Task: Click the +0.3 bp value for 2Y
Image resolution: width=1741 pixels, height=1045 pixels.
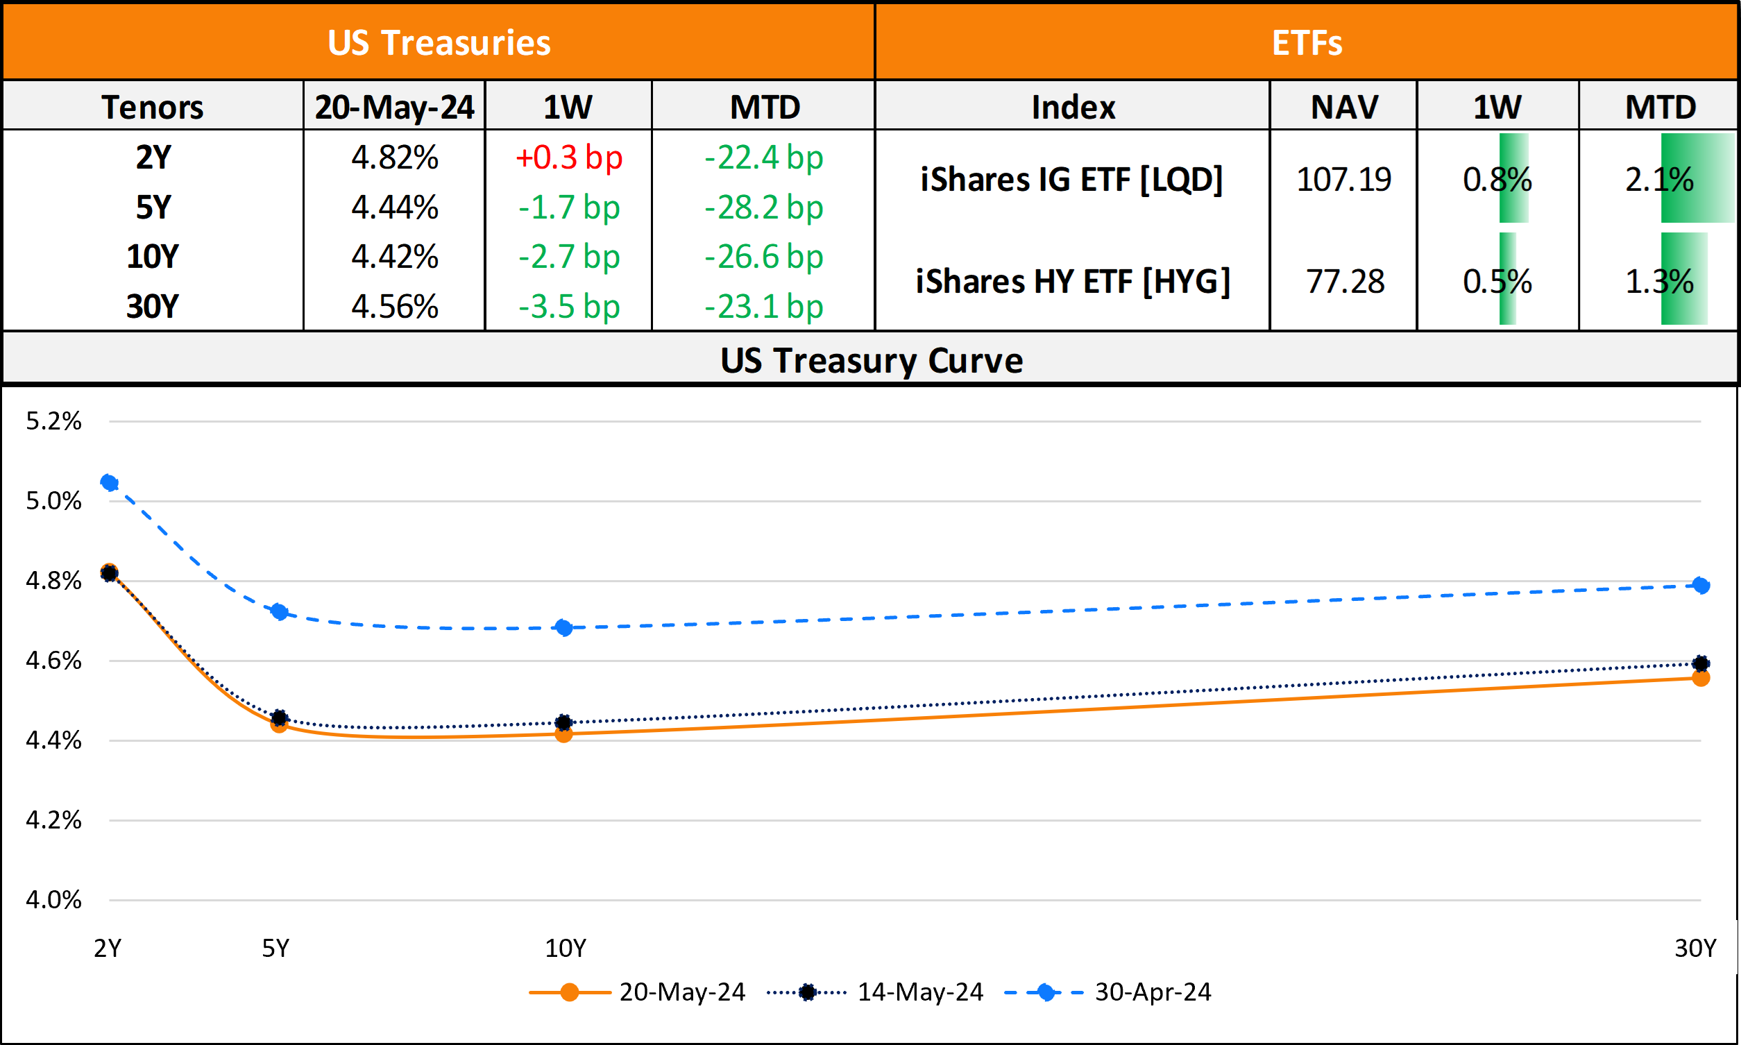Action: pyautogui.click(x=569, y=158)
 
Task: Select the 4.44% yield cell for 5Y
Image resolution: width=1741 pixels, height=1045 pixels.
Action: pyautogui.click(x=394, y=207)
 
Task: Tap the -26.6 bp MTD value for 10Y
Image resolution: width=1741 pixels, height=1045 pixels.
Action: pyautogui.click(x=764, y=257)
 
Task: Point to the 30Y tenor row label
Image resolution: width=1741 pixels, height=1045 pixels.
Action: pyautogui.click(x=152, y=307)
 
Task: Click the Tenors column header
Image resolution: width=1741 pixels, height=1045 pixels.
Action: pyautogui.click(x=152, y=107)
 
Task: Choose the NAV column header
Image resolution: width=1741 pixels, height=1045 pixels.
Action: pyautogui.click(x=1344, y=107)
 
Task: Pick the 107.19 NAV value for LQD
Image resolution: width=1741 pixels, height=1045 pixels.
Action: pyautogui.click(x=1344, y=180)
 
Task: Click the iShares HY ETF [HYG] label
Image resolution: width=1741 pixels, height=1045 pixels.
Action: pyautogui.click(x=1072, y=282)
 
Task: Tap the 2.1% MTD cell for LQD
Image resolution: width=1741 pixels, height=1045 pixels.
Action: pyautogui.click(x=1658, y=180)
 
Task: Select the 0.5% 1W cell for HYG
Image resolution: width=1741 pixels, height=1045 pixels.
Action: pyautogui.click(x=1497, y=282)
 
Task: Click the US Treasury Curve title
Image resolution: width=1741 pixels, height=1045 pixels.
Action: pyautogui.click(x=871, y=361)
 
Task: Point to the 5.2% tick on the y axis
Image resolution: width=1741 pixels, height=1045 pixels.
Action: pyautogui.click(x=53, y=421)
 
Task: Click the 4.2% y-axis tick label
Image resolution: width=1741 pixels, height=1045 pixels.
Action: pyautogui.click(x=53, y=820)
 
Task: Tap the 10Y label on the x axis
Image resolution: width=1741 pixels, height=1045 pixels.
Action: pyautogui.click(x=566, y=949)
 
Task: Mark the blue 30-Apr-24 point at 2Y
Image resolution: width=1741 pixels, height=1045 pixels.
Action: pyautogui.click(x=109, y=482)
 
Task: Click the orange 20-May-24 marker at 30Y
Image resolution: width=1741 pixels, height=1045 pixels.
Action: pyautogui.click(x=1701, y=678)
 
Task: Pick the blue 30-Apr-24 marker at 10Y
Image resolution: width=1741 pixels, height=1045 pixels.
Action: pyautogui.click(x=563, y=627)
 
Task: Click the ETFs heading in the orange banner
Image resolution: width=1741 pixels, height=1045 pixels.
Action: pyautogui.click(x=1307, y=42)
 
